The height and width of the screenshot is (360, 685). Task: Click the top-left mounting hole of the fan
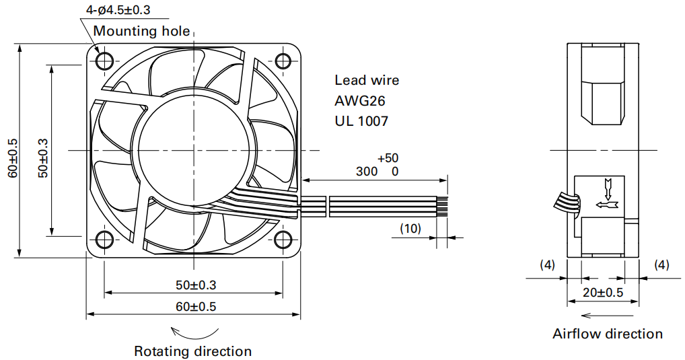point(104,61)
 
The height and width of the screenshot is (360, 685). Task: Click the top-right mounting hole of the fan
point(283,61)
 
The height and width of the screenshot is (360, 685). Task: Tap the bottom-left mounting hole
point(104,239)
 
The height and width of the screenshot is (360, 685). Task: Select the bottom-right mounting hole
point(283,239)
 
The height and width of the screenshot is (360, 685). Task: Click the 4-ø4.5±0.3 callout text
point(118,9)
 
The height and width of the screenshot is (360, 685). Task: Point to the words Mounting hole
point(141,31)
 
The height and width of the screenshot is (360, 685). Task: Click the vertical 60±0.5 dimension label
point(12,157)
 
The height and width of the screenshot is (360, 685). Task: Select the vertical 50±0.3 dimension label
point(43,157)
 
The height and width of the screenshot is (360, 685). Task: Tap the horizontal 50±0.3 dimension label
point(196,285)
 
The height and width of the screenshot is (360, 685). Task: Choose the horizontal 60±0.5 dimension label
point(196,306)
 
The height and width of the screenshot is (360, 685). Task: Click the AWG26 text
point(360,100)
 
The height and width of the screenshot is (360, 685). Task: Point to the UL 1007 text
point(361,121)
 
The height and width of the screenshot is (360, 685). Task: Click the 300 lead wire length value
point(367,172)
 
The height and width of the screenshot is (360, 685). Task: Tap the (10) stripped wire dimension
point(410,228)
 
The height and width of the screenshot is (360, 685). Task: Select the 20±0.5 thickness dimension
point(603,292)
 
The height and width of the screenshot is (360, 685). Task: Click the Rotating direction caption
point(192,351)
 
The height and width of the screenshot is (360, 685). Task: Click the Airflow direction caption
point(608,334)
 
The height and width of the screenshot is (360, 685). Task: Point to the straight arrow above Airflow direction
point(607,316)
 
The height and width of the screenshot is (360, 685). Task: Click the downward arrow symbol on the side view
point(607,188)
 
